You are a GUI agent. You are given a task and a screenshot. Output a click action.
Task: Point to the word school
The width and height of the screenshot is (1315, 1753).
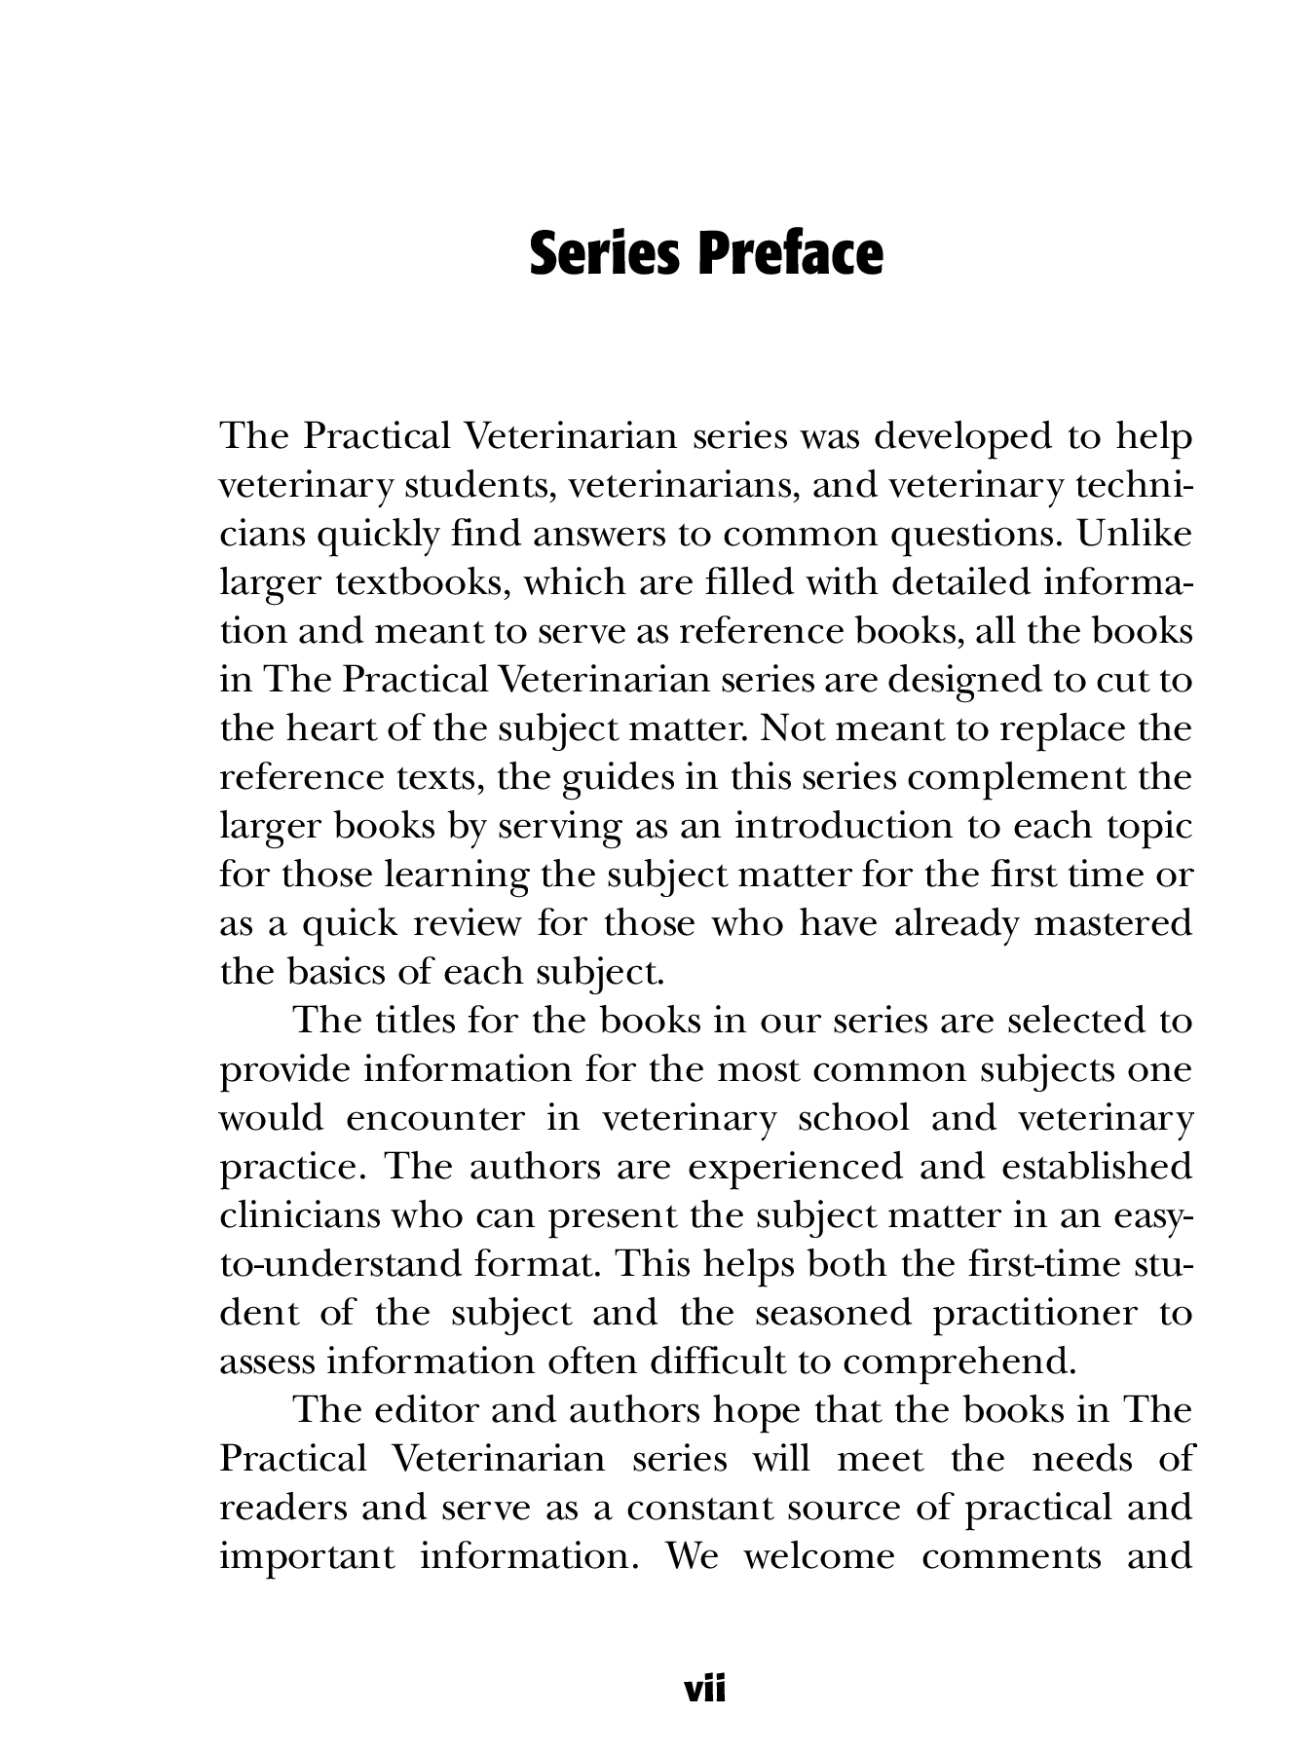click(x=852, y=1118)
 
